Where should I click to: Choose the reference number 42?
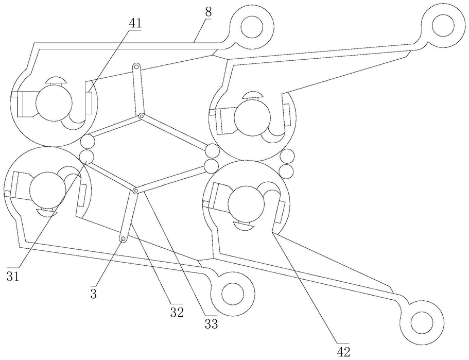pyautogui.click(x=343, y=351)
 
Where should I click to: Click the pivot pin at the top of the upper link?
pyautogui.click(x=137, y=67)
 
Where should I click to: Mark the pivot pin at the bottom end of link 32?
pyautogui.click(x=124, y=239)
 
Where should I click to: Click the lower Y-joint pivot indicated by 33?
pyautogui.click(x=135, y=191)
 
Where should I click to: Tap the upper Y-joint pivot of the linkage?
pyautogui.click(x=141, y=116)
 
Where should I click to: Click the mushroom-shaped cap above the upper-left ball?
pyautogui.click(x=55, y=80)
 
